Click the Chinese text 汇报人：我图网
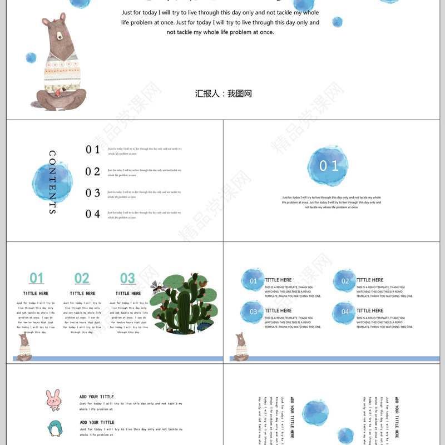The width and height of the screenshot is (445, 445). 223,93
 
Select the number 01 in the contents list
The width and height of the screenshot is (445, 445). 93,150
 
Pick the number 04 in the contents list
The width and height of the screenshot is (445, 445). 93,214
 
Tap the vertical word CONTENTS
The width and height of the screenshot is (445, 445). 52,182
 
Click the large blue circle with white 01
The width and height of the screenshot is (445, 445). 328,166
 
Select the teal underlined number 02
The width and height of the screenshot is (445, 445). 82,278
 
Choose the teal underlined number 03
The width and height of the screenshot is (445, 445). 127,278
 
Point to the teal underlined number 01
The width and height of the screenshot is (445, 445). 37,278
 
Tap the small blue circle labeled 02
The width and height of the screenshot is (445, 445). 345,281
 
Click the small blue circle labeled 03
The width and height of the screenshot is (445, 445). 253,311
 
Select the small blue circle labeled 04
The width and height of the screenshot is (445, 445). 345,312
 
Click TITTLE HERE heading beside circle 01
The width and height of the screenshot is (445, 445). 278,280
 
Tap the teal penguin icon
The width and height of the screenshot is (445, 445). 55,429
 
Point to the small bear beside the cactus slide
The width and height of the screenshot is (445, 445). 23,348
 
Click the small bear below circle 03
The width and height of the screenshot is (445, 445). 241,347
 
